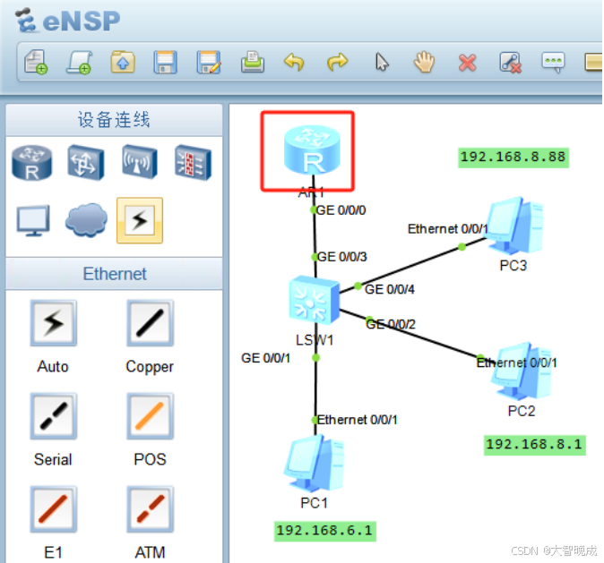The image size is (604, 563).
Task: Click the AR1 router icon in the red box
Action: click(313, 149)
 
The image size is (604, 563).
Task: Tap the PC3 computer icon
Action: click(513, 226)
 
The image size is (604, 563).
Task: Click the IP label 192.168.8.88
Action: click(513, 157)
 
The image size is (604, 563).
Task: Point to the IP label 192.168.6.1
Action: click(324, 530)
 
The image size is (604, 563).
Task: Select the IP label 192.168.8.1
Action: click(534, 443)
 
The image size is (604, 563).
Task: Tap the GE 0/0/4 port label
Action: click(390, 289)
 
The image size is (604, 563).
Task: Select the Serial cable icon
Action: click(53, 416)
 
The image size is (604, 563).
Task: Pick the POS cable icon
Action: click(149, 416)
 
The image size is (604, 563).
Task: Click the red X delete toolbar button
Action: click(467, 62)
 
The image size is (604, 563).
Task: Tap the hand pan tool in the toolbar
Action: click(424, 62)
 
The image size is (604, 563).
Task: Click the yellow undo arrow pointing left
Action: click(294, 62)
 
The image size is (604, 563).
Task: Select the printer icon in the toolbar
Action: click(252, 62)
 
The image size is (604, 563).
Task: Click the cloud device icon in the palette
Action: click(86, 219)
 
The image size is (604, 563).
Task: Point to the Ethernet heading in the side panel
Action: click(115, 273)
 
